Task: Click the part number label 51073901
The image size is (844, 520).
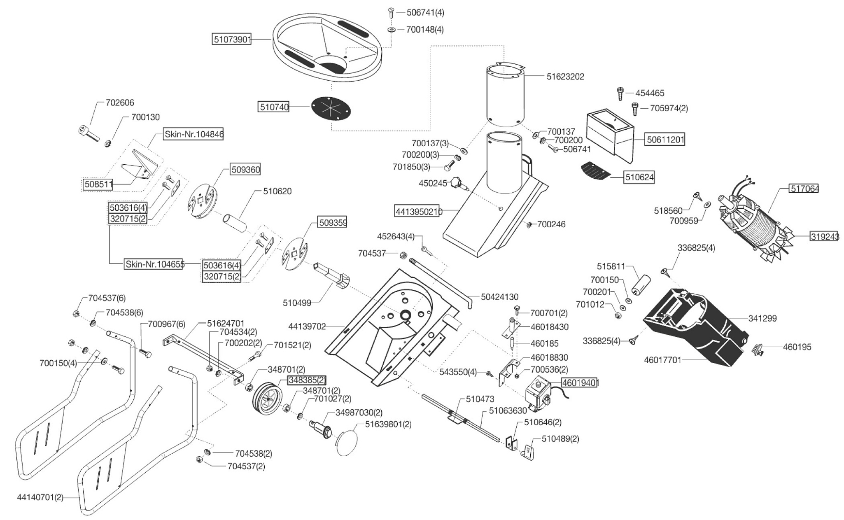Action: (232, 40)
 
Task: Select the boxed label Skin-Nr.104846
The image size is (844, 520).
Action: (194, 134)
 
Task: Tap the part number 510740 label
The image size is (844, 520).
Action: (274, 107)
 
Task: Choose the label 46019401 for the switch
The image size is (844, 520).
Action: (580, 383)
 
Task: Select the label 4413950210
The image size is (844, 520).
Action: (418, 212)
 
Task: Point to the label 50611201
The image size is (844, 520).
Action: (665, 140)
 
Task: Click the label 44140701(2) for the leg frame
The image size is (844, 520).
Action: (40, 497)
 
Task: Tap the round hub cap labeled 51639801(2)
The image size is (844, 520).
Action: (347, 443)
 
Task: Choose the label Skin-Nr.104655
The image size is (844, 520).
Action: (155, 264)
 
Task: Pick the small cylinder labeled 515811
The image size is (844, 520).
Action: (641, 284)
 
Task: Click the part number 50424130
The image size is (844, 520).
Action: (499, 297)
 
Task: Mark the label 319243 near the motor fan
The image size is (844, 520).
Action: (825, 237)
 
